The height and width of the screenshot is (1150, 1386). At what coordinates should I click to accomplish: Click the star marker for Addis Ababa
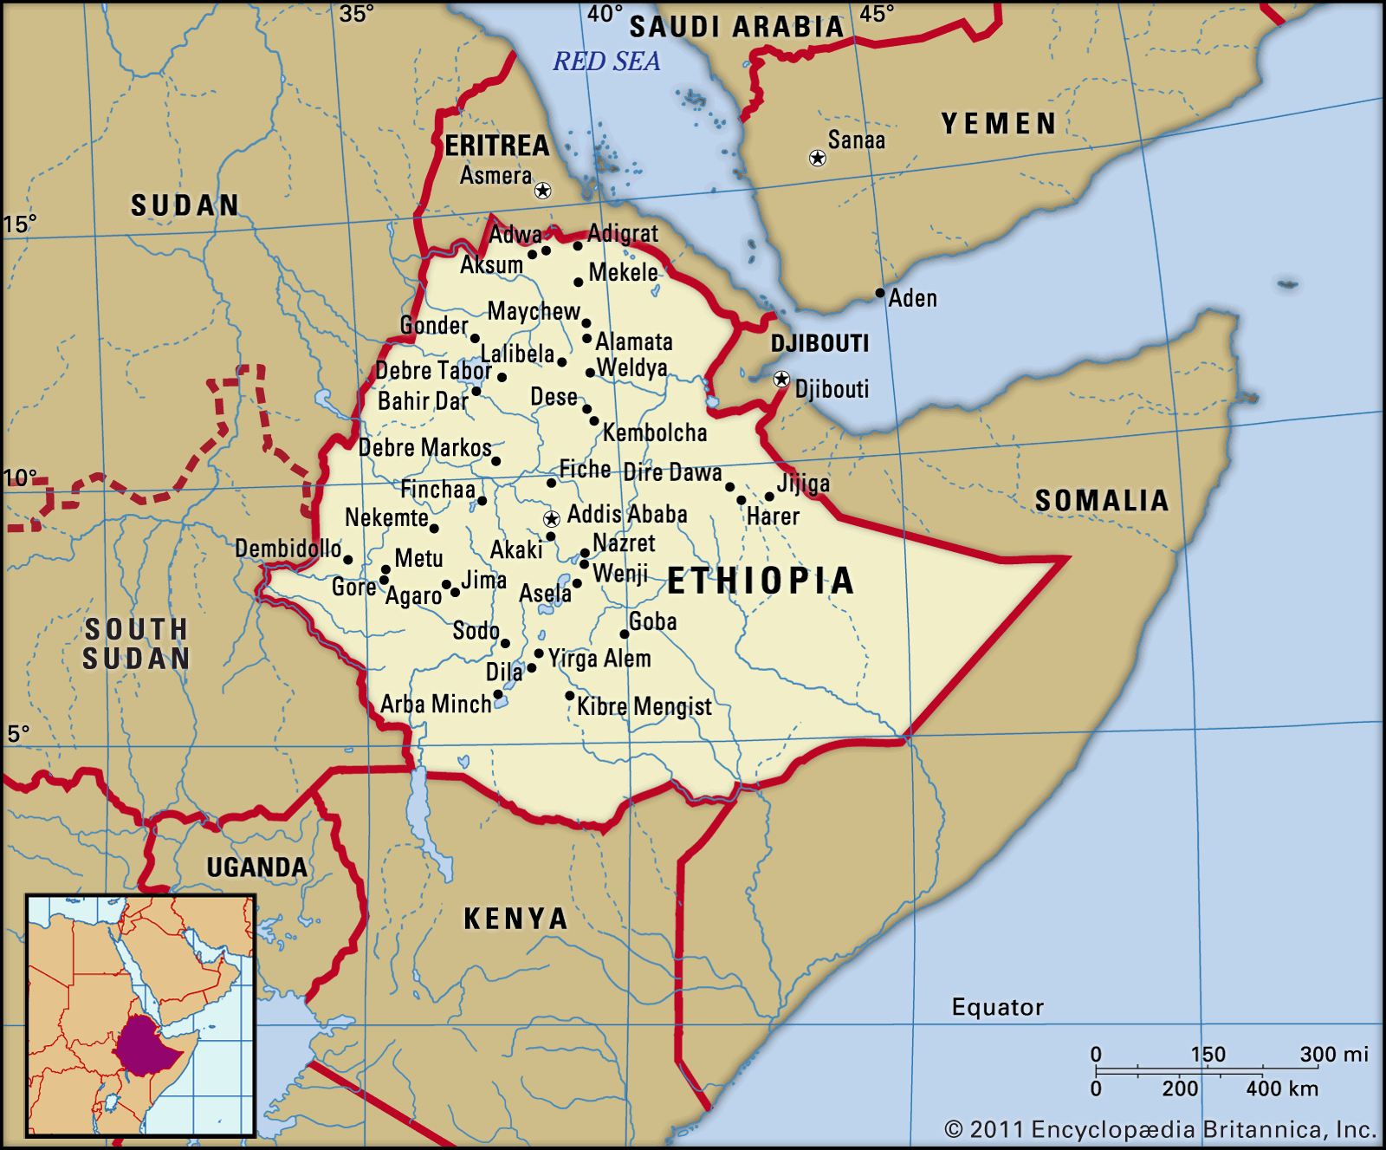pos(551,519)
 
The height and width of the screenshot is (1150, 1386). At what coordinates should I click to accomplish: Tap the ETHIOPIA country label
pos(761,581)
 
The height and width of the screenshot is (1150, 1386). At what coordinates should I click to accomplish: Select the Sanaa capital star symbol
pos(817,158)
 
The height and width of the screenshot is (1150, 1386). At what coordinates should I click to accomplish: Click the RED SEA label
pos(606,62)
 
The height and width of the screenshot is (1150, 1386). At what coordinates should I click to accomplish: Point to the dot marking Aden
pos(880,293)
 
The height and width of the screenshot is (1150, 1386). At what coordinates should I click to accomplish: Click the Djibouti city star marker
pos(781,379)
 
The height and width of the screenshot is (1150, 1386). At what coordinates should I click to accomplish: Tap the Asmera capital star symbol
pos(543,190)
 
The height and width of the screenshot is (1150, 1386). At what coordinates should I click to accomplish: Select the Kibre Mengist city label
pos(644,706)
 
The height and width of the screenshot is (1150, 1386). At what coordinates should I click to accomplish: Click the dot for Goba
pos(624,634)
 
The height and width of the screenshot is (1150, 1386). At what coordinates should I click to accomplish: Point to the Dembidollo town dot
pos(348,560)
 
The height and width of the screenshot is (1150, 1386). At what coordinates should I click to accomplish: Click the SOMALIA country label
pos(1101,501)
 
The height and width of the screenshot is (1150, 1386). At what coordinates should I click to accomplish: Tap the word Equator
pos(997,1007)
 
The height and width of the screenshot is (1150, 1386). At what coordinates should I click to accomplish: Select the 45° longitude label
pos(877,14)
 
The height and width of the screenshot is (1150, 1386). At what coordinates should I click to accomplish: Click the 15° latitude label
pos(19,224)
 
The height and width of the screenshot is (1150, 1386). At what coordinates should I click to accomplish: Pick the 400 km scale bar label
pos(1281,1088)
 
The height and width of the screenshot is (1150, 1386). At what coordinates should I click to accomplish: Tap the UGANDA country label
pos(256,867)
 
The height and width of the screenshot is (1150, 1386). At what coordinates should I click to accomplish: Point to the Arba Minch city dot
pos(498,695)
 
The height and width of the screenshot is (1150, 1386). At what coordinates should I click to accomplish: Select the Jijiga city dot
pos(769,497)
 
